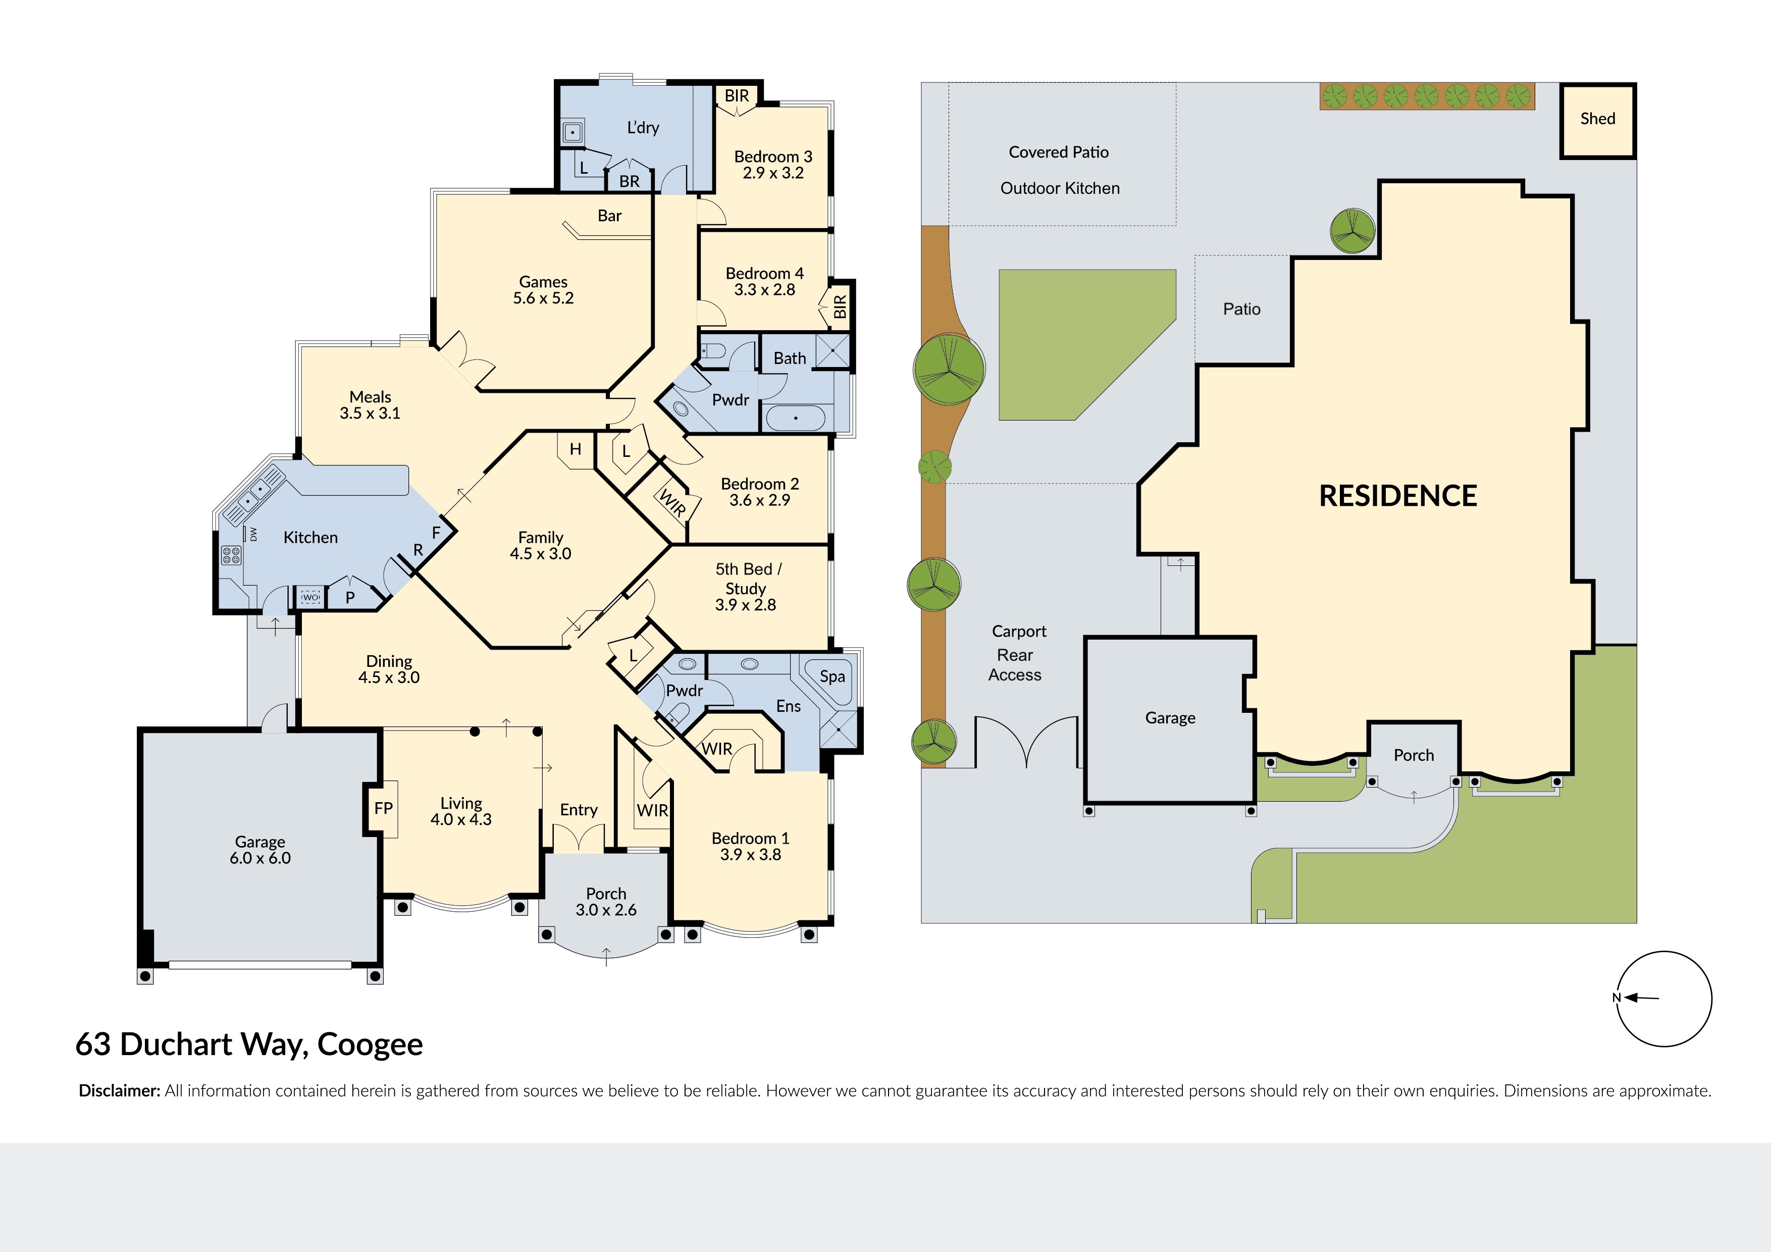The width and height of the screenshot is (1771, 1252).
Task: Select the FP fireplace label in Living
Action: coord(383,808)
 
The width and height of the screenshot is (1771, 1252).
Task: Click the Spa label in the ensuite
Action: coord(832,676)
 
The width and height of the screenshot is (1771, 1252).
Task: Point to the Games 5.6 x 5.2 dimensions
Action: coord(544,298)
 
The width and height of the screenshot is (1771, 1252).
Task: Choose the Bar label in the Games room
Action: coord(609,216)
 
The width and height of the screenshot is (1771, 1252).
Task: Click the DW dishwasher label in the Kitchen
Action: coord(253,534)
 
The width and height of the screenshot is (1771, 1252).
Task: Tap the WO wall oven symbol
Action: coord(311,597)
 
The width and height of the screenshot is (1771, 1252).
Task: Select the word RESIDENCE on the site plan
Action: coord(1398,496)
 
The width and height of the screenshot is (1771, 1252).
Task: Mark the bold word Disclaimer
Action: coord(120,1091)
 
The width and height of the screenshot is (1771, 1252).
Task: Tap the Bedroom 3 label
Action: coord(773,156)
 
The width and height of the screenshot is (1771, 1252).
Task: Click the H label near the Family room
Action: coord(576,449)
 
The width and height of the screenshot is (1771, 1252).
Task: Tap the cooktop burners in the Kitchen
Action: coord(231,555)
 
